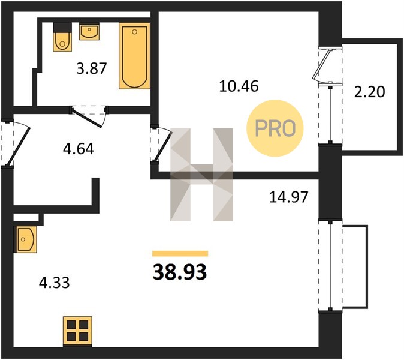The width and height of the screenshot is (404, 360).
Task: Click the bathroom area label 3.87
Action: [x=92, y=69]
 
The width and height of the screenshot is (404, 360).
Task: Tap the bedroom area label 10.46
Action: [x=239, y=86]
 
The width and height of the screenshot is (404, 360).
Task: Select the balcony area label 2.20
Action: [x=370, y=92]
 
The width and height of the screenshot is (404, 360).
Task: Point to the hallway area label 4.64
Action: [x=79, y=149]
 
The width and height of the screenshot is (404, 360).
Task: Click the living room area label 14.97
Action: [x=288, y=197]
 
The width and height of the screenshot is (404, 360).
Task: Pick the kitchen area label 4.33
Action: [x=55, y=283]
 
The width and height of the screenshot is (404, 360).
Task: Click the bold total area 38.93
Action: [x=180, y=272]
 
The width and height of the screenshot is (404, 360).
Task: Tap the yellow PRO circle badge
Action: [x=275, y=128]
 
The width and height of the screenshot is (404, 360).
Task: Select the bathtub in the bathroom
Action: [x=134, y=56]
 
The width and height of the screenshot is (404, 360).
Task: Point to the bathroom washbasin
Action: [x=89, y=32]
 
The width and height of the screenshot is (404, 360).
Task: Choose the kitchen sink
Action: [x=25, y=239]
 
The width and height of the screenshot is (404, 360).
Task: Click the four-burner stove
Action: [x=77, y=331]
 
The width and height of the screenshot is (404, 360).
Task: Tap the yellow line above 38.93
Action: [x=180, y=253]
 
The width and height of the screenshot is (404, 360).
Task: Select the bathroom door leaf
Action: [x=87, y=118]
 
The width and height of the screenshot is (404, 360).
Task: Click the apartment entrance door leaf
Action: [x=19, y=146]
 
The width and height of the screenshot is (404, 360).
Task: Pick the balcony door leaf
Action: [x=321, y=64]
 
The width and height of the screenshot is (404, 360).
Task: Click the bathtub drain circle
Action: [x=134, y=32]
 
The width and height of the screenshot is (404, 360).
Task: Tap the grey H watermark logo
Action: [x=202, y=175]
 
